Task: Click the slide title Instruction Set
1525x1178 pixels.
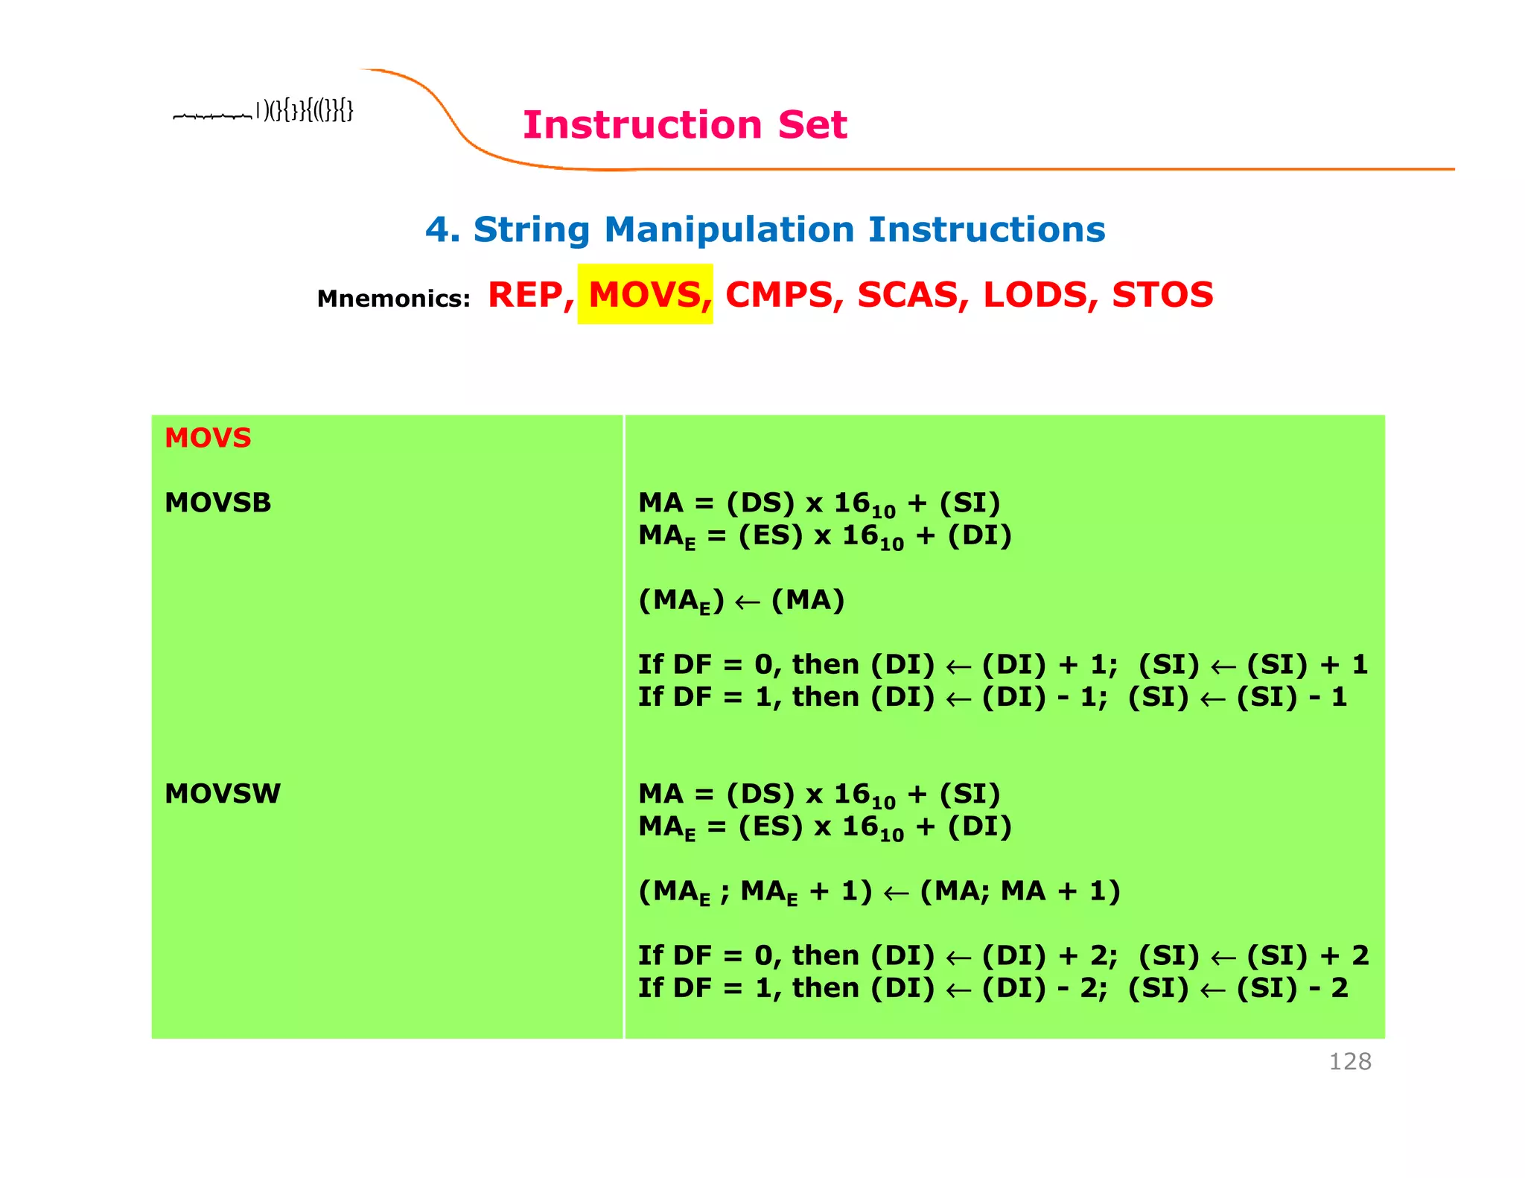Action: tap(684, 124)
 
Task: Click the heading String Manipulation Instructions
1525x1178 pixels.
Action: tap(765, 229)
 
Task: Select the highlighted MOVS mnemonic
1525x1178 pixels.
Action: tap(645, 295)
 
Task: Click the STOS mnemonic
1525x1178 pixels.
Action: tap(1162, 295)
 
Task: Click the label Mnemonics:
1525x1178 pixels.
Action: tap(393, 299)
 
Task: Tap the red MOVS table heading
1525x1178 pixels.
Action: tap(208, 438)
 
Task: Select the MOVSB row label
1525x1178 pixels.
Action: tap(217, 503)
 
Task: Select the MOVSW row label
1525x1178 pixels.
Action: tap(222, 794)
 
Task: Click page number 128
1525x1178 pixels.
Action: tap(1349, 1061)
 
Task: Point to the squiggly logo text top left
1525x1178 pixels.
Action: tap(264, 112)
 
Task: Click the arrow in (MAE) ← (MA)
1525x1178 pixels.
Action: tap(747, 602)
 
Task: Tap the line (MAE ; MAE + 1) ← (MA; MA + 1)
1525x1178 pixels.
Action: tap(879, 891)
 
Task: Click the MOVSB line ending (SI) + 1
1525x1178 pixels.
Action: tap(1002, 664)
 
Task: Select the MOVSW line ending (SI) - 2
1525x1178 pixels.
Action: tap(993, 988)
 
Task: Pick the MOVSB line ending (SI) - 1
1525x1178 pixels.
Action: tap(992, 697)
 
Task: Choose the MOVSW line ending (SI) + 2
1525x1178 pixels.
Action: tap(1002, 955)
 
